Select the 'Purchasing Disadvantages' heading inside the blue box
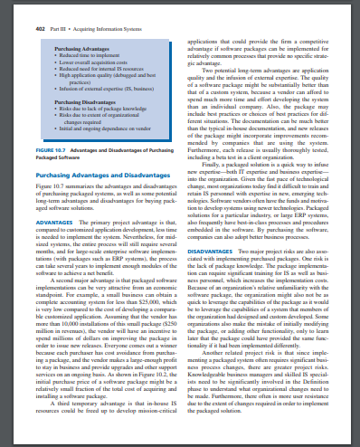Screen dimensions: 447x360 click(x=84, y=103)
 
